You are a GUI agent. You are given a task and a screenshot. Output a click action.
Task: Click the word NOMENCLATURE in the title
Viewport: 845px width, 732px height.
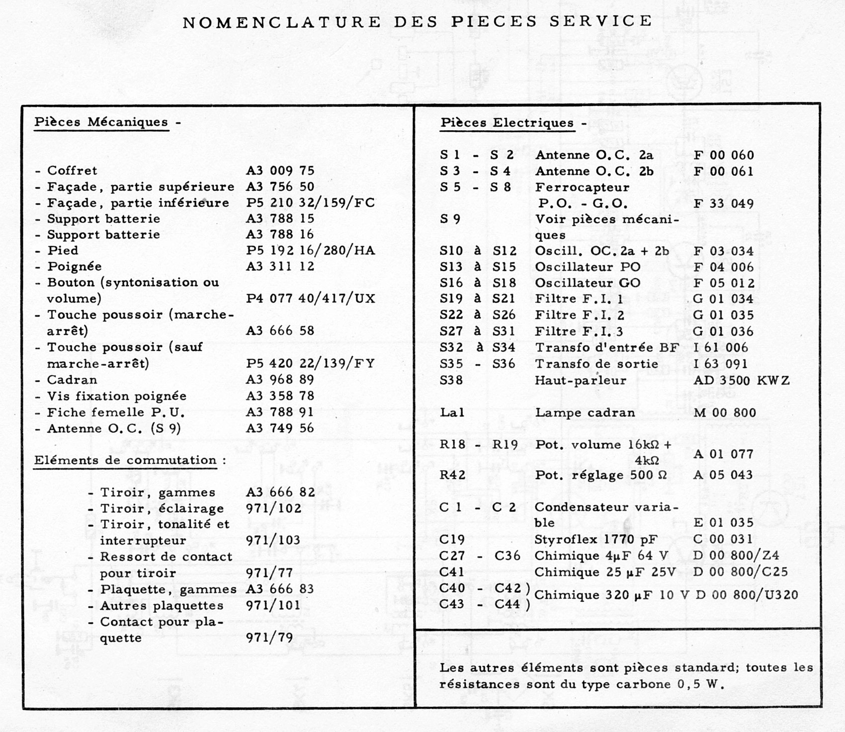coord(282,22)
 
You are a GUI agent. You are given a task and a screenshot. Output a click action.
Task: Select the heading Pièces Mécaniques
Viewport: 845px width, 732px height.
coord(101,122)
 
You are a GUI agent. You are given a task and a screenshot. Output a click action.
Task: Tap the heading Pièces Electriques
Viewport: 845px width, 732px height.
coord(507,123)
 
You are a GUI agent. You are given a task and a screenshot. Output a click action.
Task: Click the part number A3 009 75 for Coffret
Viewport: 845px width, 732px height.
coord(280,170)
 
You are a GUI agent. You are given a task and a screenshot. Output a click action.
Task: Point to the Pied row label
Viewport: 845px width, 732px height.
coord(63,250)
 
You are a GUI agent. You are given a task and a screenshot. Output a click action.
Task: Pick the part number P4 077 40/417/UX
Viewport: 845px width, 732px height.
coord(310,299)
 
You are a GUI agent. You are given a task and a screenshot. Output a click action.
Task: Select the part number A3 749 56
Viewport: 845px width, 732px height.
coord(280,428)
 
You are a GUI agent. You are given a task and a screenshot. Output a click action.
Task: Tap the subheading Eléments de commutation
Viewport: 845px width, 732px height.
coord(125,461)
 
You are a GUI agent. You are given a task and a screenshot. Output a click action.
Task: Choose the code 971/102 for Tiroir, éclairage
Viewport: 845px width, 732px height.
coord(274,509)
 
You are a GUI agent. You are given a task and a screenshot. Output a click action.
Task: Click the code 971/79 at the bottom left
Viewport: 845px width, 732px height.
coord(269,638)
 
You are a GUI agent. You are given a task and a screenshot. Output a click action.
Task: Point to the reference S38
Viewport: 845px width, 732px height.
coord(451,381)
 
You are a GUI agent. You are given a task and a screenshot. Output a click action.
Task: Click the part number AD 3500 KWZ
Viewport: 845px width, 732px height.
coord(741,381)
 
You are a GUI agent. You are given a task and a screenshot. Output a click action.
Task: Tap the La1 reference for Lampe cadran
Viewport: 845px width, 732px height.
coord(452,413)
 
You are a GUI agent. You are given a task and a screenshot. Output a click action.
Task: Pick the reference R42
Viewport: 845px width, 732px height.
coord(452,476)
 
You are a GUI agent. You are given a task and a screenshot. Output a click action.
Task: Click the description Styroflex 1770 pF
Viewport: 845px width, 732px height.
coord(595,540)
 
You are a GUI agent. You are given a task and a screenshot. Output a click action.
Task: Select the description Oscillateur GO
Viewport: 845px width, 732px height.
coord(588,283)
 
